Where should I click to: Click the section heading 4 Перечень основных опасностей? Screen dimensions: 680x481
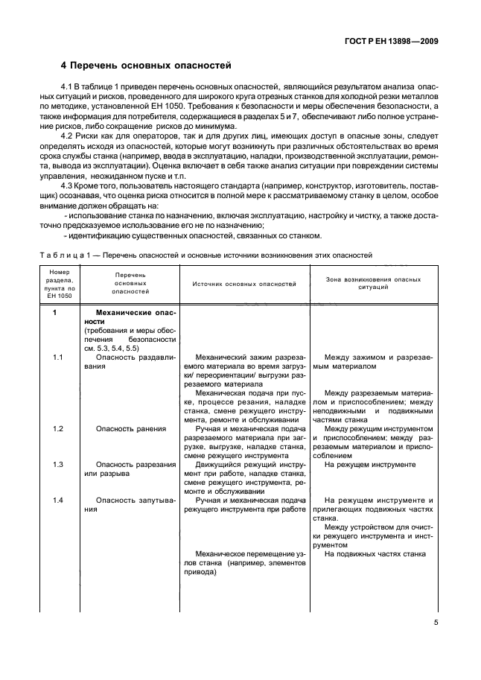click(146, 66)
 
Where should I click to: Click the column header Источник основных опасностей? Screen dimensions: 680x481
click(244, 284)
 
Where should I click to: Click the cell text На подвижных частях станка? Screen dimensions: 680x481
click(375, 554)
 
